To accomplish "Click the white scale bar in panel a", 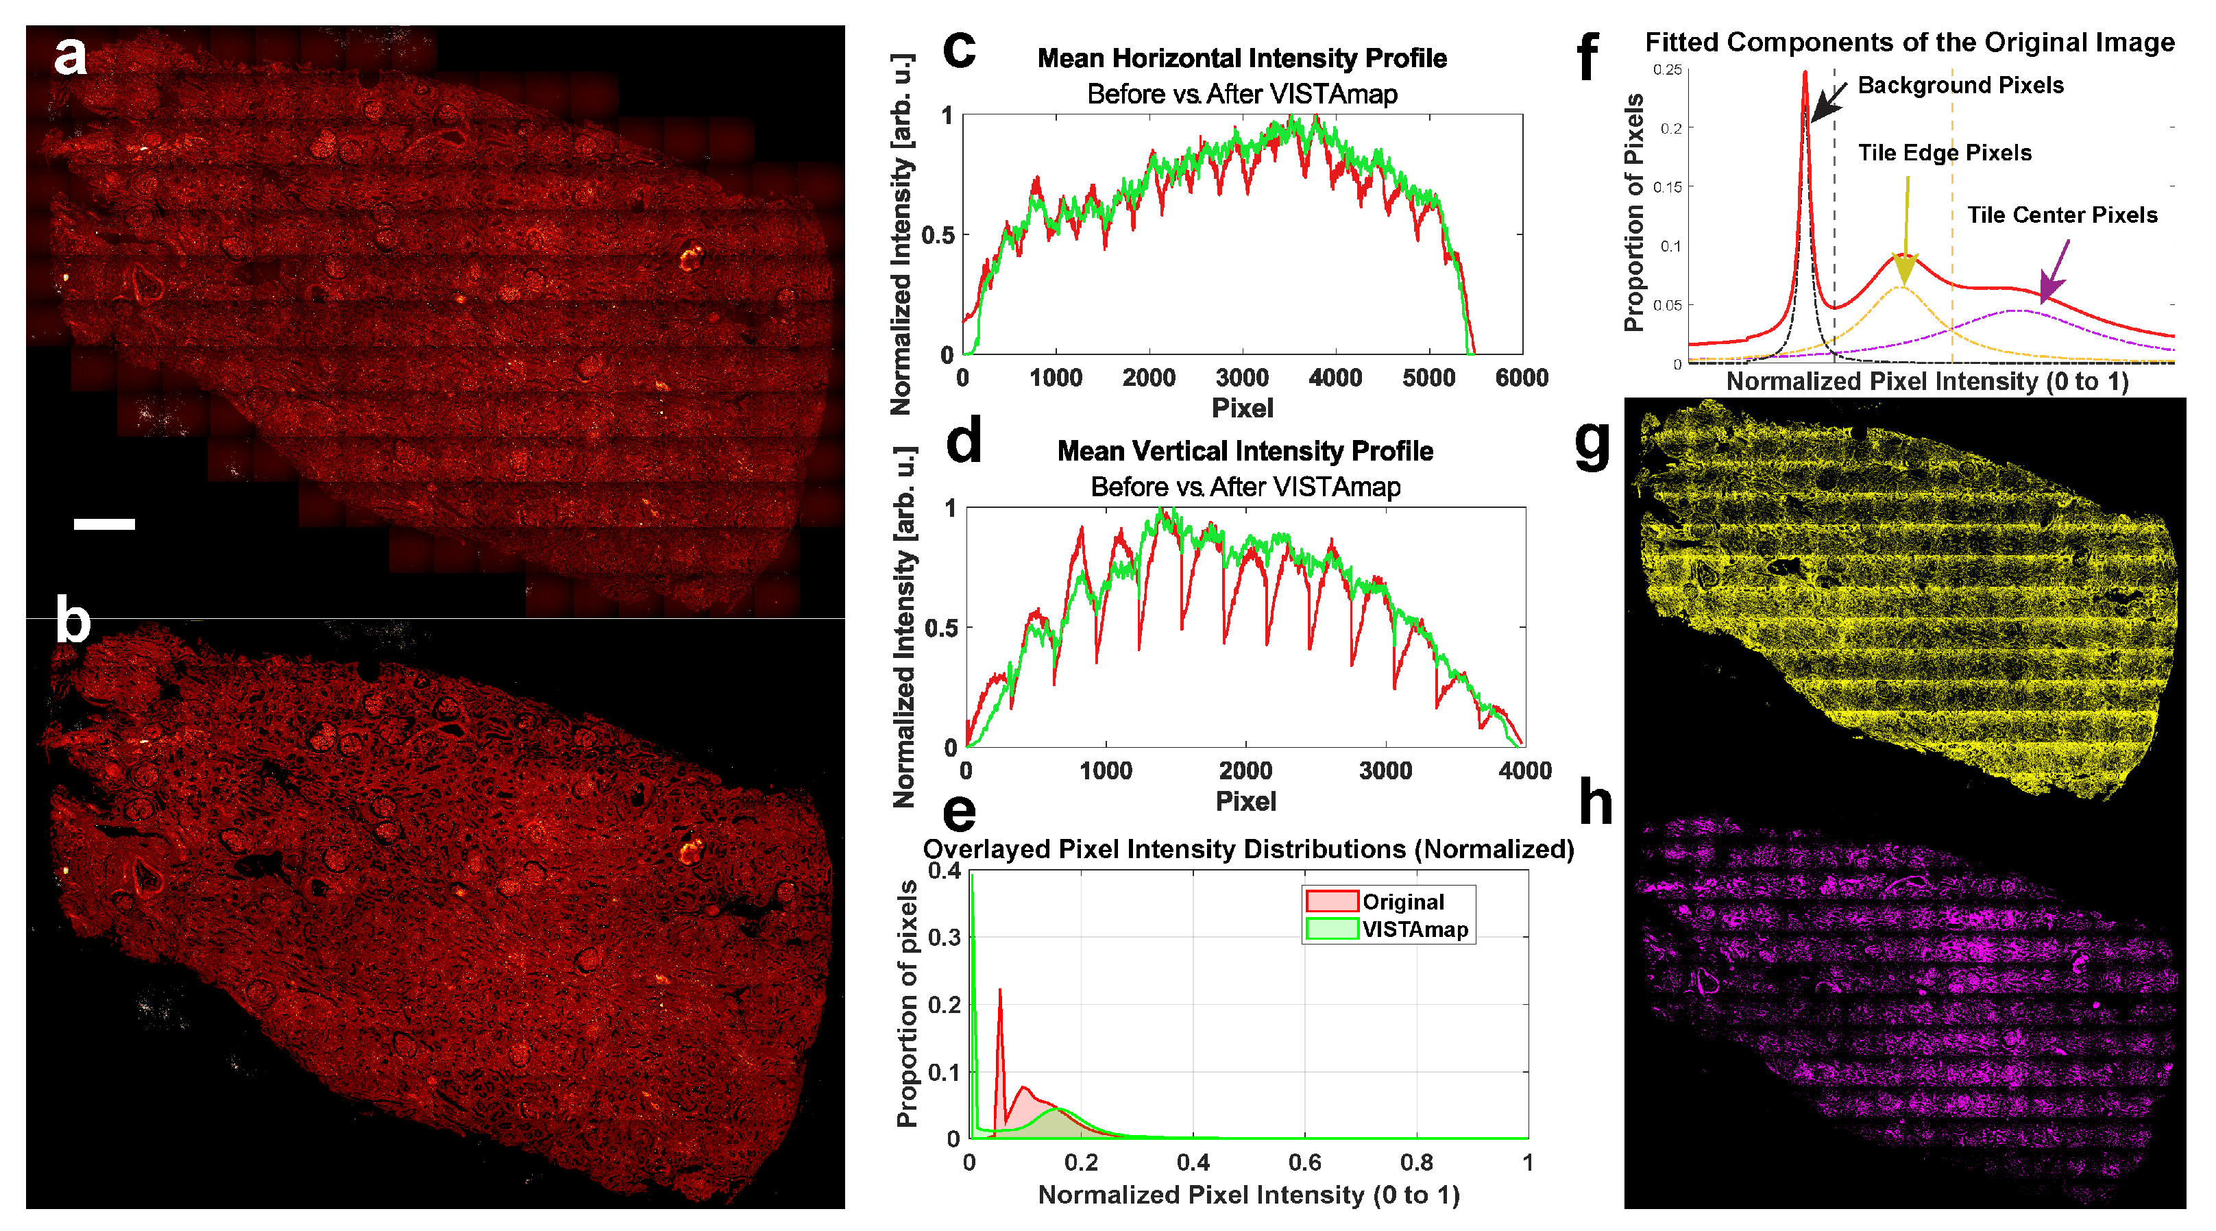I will [x=104, y=523].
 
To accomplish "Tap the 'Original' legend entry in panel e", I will [x=1402, y=901].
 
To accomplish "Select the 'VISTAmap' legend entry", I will [x=1414, y=929].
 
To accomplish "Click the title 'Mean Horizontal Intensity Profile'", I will [x=1241, y=58].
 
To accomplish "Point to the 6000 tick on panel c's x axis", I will [x=1521, y=378].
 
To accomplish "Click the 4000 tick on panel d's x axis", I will [x=1524, y=771].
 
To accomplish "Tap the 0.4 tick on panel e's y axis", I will [x=945, y=870].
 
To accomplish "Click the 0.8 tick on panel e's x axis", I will [x=1416, y=1163].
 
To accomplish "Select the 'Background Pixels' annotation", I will [x=1960, y=85].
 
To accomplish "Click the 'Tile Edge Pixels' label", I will [x=1944, y=153].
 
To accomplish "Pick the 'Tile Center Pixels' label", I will [x=2062, y=215].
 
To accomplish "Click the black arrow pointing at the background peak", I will [x=1828, y=102].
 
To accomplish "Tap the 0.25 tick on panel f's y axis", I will [x=1667, y=70].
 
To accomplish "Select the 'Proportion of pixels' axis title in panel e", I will [x=907, y=1003].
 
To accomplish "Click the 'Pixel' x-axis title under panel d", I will [x=1245, y=802].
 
